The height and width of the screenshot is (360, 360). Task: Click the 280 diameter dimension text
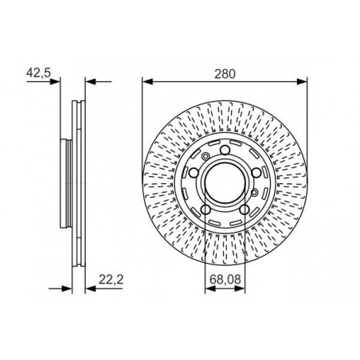225,74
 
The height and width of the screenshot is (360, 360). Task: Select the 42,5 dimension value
38,72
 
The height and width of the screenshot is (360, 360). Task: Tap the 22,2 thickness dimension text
111,280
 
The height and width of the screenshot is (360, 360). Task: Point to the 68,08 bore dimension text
225,280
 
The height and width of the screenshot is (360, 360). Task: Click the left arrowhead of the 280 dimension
147,82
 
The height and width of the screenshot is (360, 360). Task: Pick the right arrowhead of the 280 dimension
302,82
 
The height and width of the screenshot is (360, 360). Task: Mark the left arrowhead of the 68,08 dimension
210,289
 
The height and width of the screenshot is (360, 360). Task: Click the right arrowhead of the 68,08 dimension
240,289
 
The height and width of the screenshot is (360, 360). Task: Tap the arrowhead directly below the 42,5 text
55,82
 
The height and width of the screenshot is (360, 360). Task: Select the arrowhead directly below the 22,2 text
90,288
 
